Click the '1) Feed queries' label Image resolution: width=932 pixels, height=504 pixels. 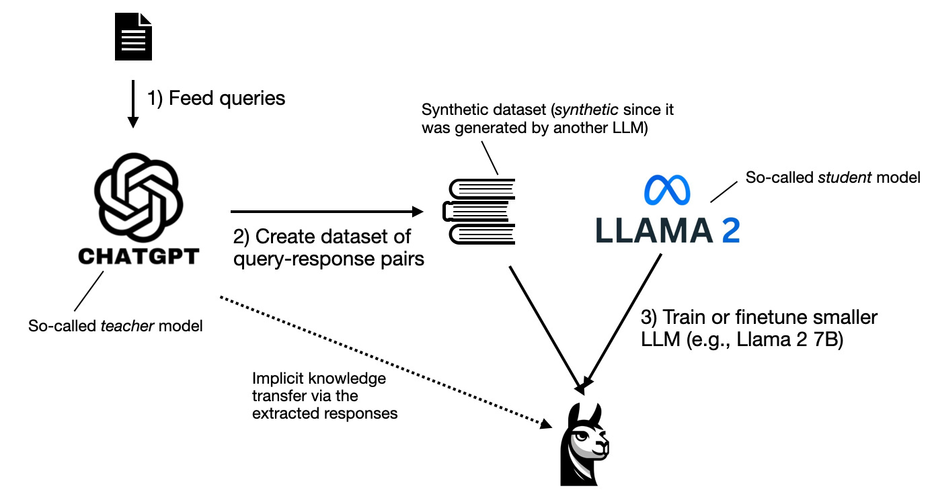coord(217,98)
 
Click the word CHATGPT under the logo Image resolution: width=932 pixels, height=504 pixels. coord(139,256)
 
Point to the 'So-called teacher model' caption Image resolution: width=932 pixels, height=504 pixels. coord(116,326)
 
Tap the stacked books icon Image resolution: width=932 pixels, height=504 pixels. coord(479,212)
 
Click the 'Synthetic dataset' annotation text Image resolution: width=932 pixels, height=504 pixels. coord(547,118)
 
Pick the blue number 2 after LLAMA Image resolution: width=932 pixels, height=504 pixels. coord(727,230)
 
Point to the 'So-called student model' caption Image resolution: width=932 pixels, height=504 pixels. coord(832,177)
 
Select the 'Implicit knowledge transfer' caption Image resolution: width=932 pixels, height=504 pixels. coord(325,396)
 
